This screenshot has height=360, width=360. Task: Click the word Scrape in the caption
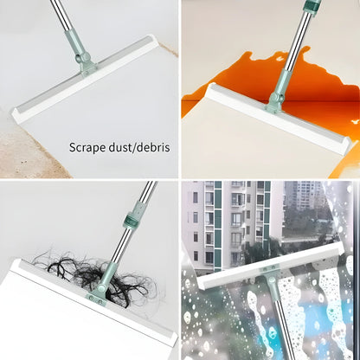point(87,146)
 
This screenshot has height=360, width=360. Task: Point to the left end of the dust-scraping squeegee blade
point(18,112)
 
